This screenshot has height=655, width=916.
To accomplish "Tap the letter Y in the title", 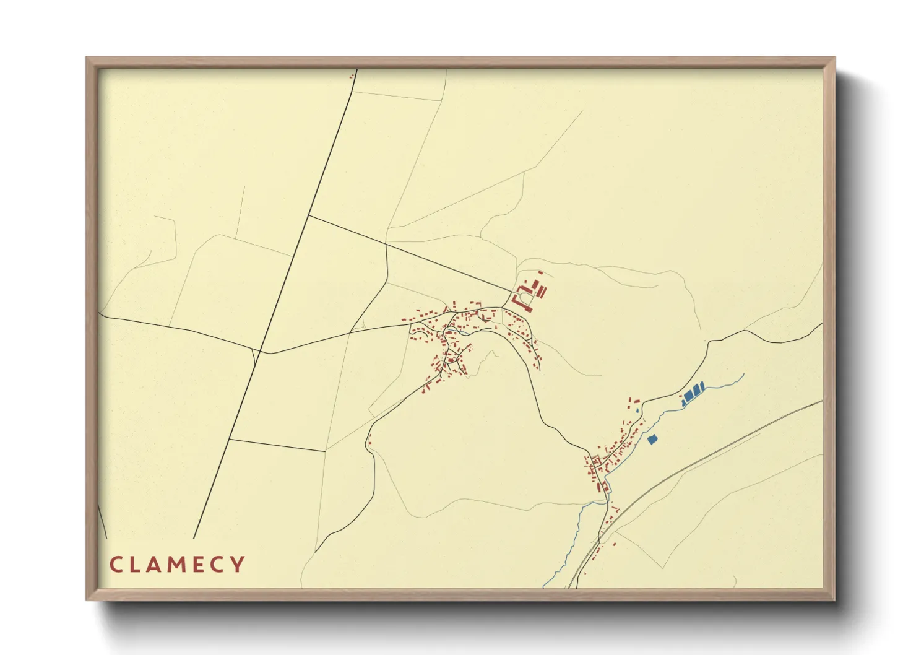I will point(236,565).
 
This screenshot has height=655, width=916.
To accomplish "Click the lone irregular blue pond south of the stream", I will point(652,440).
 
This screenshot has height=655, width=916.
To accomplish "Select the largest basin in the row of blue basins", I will point(689,395).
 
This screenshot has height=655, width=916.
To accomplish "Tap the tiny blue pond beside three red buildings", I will point(636,409).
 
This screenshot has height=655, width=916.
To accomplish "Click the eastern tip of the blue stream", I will point(743,374).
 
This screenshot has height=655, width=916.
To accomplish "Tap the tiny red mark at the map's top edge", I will point(351,76).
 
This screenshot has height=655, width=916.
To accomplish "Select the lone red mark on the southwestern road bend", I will point(369,442).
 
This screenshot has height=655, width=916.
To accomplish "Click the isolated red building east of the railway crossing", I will point(615,545).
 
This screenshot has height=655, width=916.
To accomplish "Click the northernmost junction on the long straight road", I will point(308,215).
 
